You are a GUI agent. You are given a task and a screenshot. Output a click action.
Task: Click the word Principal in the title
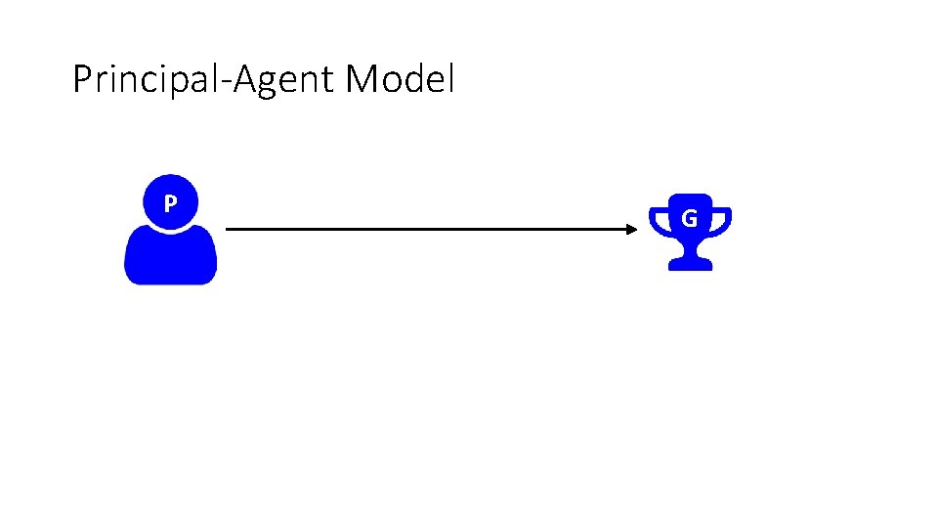(x=146, y=79)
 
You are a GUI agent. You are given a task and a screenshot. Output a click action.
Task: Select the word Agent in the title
(x=283, y=80)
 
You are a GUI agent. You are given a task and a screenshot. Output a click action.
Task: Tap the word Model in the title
(x=401, y=78)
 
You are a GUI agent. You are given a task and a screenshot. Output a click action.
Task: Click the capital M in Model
(x=361, y=78)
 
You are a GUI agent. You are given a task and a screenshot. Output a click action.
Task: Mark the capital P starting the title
(x=82, y=78)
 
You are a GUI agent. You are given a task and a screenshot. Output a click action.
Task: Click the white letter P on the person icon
(x=170, y=204)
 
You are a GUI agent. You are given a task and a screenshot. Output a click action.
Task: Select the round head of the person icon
(x=170, y=201)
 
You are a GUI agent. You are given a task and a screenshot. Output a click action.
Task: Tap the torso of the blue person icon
(x=170, y=255)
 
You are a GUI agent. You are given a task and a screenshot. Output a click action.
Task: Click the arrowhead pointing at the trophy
(x=632, y=229)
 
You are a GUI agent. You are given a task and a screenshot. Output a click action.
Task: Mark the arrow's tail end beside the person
(x=226, y=229)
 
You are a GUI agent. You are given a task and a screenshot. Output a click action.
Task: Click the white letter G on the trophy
(x=690, y=218)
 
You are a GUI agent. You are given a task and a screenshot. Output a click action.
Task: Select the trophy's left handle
(x=659, y=222)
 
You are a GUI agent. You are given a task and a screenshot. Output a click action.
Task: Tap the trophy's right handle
(x=721, y=222)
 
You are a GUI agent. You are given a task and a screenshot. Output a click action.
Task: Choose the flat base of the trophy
(x=691, y=265)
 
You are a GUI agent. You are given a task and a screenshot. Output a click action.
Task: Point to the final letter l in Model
(x=451, y=78)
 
